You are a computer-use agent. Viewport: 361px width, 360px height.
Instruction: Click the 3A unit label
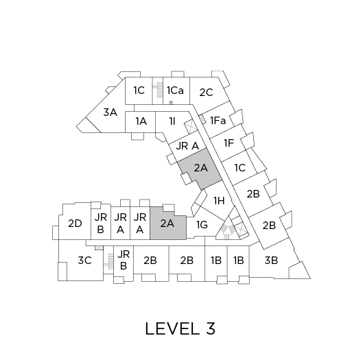coord(110,112)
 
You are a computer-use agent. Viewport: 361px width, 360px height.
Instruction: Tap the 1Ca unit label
coord(175,91)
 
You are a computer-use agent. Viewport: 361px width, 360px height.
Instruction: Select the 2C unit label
coord(206,93)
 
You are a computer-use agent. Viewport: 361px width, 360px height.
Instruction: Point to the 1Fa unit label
coord(218,121)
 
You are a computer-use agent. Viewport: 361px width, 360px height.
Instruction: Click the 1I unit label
coord(172,121)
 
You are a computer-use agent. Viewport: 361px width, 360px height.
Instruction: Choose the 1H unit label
coord(219,201)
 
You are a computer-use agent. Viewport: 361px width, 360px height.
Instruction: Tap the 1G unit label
coord(202,225)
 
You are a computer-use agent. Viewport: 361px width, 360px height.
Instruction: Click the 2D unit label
coord(75,224)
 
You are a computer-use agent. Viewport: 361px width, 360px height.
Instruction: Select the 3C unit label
coord(85,261)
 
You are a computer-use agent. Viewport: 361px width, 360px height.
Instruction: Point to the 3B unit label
coord(271,261)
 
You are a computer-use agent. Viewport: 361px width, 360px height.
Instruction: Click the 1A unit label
coord(141,121)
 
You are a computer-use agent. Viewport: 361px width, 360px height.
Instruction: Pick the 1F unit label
coord(229,143)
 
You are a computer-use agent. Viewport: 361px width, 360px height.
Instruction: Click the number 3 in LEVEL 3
coord(210,328)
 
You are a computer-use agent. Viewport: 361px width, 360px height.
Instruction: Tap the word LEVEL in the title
coord(172,328)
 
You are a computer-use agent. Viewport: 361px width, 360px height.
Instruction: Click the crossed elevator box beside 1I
coord(191,126)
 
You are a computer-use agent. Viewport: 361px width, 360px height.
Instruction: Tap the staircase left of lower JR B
coord(110,261)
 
